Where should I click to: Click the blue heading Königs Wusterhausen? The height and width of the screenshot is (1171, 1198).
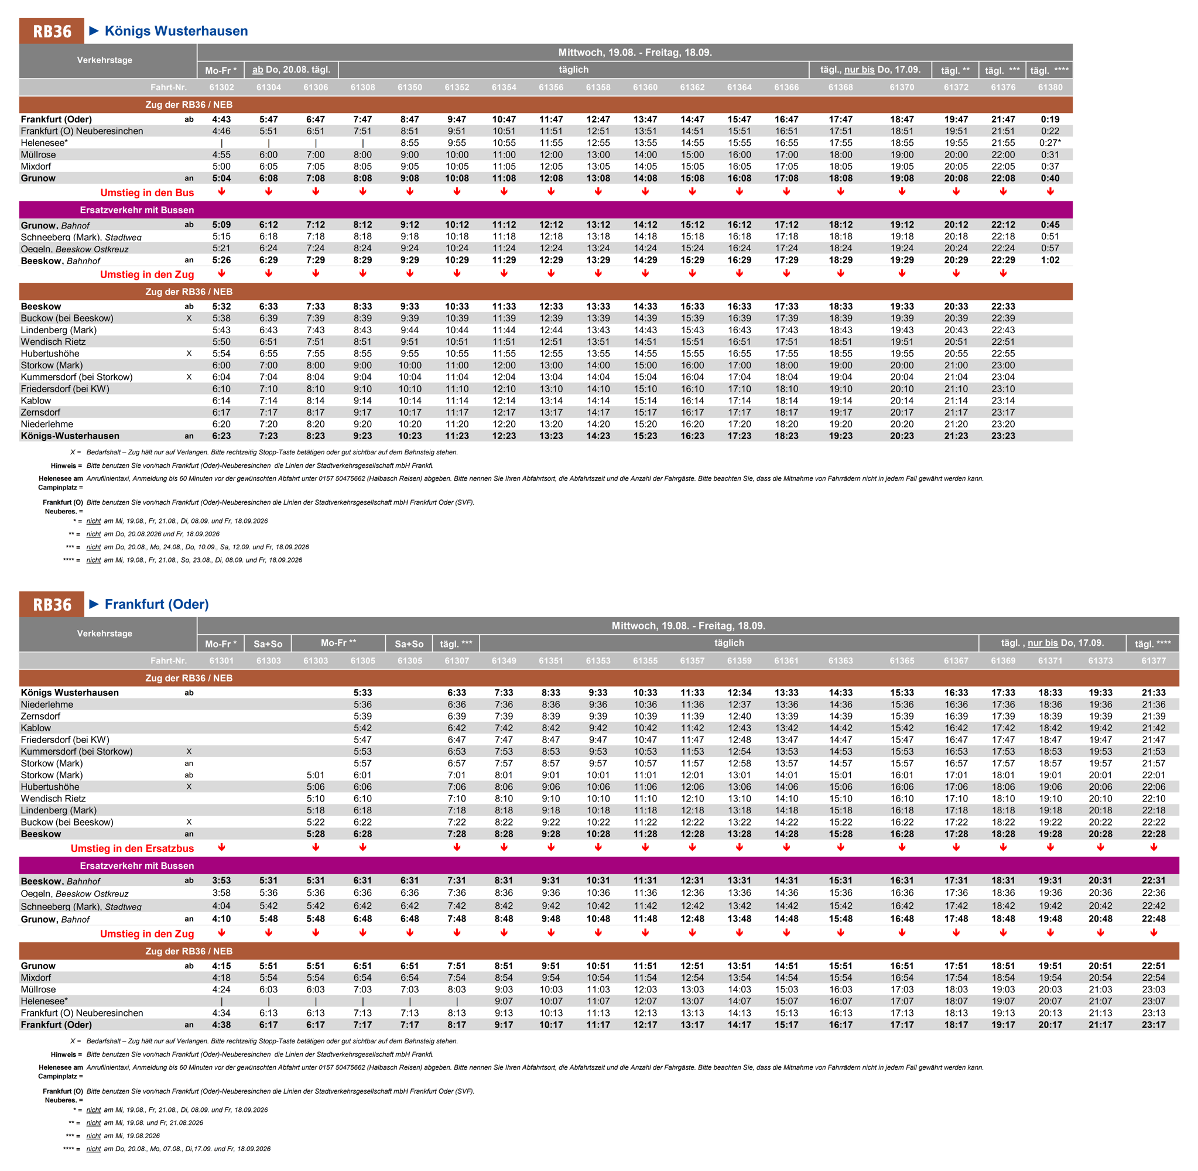[176, 31]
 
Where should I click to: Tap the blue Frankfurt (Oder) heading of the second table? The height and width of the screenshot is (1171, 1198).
[157, 604]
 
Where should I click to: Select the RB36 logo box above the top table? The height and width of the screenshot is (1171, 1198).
[52, 32]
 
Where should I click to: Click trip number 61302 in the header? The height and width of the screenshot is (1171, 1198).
[221, 87]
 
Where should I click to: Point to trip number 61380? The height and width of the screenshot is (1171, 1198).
[1050, 87]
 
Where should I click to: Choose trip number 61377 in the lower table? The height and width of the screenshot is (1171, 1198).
[1153, 660]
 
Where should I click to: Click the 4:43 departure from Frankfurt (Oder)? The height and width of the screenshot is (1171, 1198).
[221, 119]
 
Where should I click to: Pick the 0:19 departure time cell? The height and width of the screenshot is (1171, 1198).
[1050, 119]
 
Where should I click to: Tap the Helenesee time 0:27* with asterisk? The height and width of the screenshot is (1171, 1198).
[1050, 143]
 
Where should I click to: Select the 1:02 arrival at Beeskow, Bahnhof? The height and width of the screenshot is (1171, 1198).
[1050, 260]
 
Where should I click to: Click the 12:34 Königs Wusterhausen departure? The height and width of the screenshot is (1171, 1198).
[739, 693]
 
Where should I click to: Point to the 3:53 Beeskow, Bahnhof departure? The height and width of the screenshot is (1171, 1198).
[221, 881]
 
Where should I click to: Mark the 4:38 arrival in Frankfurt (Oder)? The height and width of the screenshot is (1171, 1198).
[221, 1025]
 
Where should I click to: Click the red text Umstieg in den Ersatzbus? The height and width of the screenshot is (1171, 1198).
[132, 848]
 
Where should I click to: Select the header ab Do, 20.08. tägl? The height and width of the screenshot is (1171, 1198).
[291, 70]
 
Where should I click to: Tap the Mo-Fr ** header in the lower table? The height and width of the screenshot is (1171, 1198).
[338, 643]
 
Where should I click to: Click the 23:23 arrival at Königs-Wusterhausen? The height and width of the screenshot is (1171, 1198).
[1002, 436]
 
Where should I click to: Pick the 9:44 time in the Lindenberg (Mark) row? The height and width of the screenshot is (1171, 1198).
[410, 330]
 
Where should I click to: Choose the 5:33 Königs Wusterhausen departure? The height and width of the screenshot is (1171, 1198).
[362, 693]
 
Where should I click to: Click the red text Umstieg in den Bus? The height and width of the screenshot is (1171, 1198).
[147, 193]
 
